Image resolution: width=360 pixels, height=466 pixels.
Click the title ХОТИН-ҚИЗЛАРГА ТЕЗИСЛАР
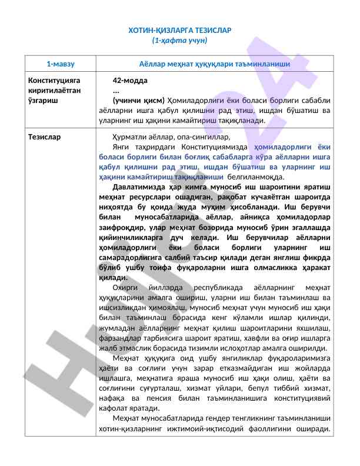pos(180,30)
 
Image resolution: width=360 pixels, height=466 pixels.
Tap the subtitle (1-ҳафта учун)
pos(180,41)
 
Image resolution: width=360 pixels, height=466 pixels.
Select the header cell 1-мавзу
pos(60,62)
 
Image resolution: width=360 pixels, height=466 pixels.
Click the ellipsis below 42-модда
pos(116,90)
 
